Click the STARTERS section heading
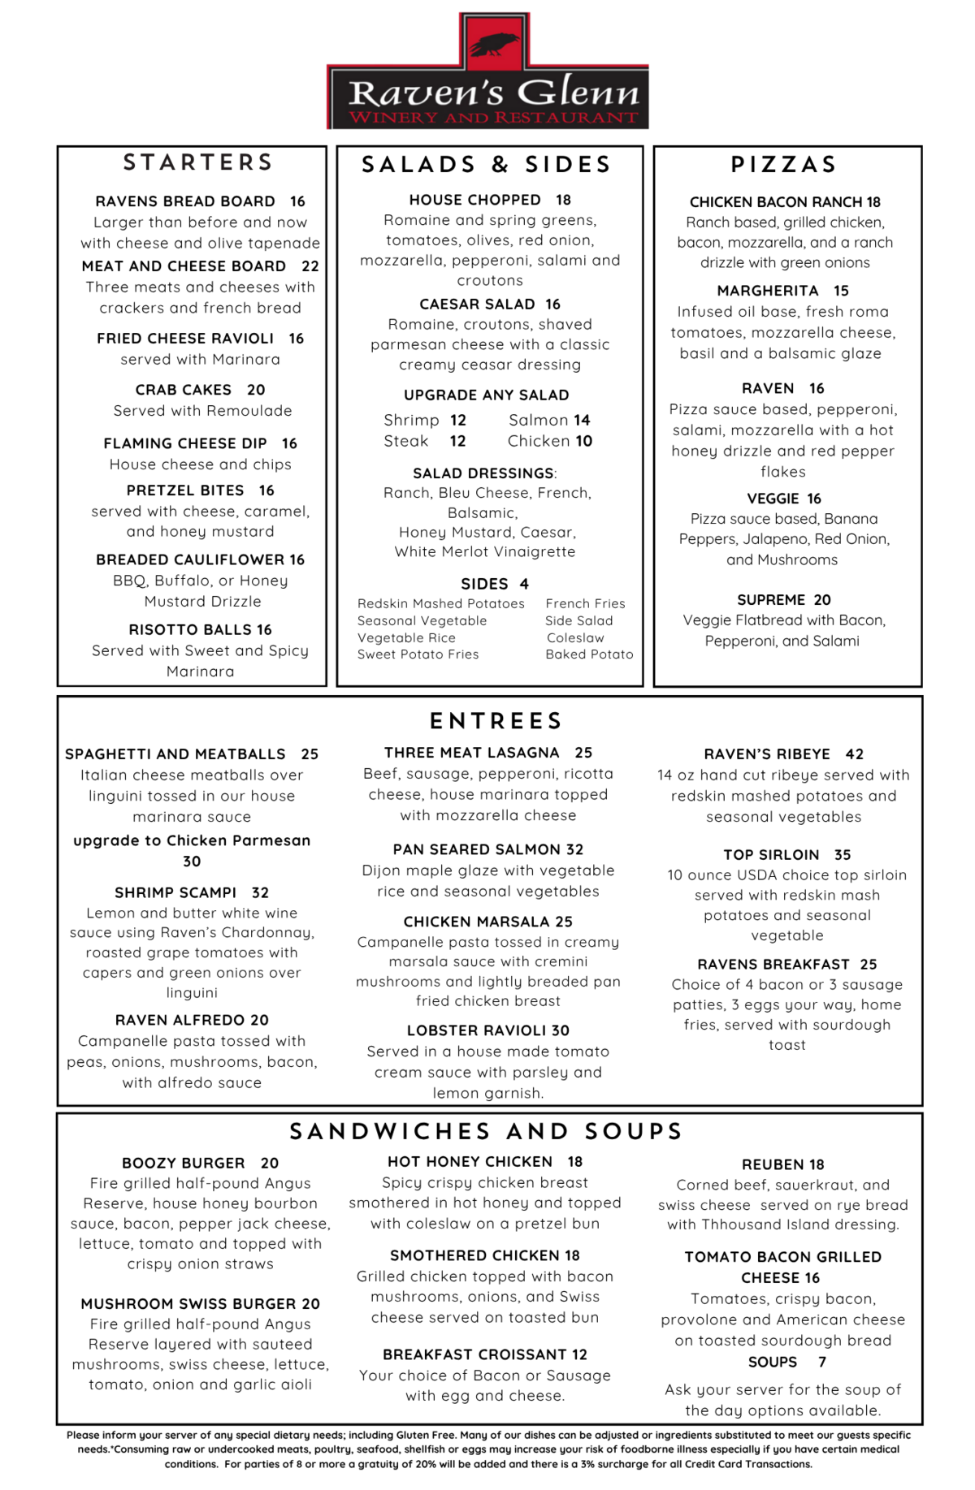click(x=198, y=162)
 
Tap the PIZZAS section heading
click(x=784, y=164)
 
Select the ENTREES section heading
click(x=496, y=720)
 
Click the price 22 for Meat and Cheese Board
click(x=310, y=266)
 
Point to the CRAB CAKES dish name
click(x=184, y=390)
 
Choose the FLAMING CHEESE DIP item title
click(x=185, y=443)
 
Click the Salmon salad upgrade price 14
click(x=582, y=420)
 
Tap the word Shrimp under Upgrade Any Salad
click(x=411, y=420)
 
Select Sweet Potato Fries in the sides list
click(x=418, y=654)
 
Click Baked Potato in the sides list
click(x=589, y=654)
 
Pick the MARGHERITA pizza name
click(x=768, y=291)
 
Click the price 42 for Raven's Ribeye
click(x=855, y=754)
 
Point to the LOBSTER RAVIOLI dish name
click(x=476, y=1030)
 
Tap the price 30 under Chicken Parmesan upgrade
click(x=192, y=862)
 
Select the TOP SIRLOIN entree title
click(x=771, y=855)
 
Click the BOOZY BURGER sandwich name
click(x=184, y=1163)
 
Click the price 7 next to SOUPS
click(x=822, y=1362)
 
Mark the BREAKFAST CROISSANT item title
click(x=474, y=1354)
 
